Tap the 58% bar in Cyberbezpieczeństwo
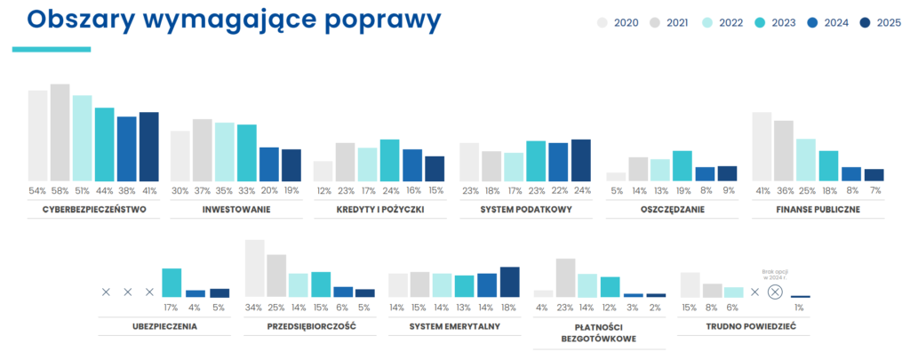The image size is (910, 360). (60, 132)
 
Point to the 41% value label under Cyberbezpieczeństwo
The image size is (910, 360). (148, 190)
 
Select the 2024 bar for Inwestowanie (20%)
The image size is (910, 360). (269, 164)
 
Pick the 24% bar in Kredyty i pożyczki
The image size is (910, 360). (389, 160)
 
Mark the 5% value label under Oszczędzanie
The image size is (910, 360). (616, 190)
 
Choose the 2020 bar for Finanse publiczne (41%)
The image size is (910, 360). (762, 146)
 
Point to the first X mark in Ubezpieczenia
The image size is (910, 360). (106, 292)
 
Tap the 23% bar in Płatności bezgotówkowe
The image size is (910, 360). (565, 276)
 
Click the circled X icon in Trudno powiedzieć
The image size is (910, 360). (775, 292)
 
